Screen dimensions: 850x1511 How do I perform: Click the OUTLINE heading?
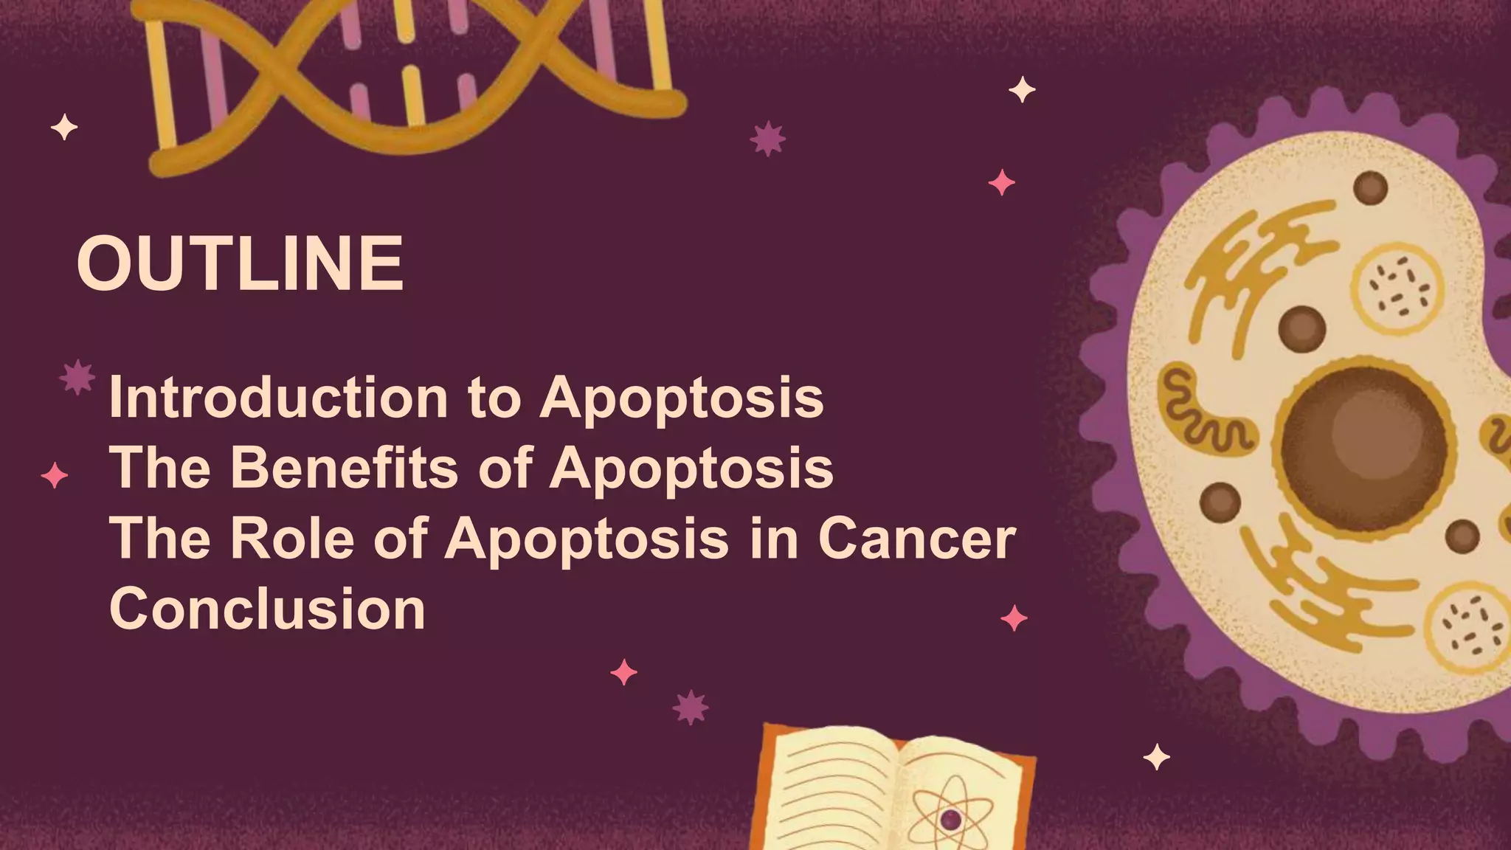click(240, 263)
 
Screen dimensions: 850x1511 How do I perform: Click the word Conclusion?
click(267, 609)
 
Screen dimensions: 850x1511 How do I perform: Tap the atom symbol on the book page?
click(950, 818)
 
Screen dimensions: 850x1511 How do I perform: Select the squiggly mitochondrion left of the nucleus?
click(1203, 410)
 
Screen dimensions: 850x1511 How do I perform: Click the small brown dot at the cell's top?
click(1370, 187)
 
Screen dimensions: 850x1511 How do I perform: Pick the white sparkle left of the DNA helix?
click(64, 128)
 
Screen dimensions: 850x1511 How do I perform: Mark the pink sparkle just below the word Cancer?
click(1014, 618)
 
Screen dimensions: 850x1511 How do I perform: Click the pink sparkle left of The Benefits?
click(55, 475)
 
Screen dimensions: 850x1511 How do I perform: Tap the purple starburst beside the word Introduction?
click(77, 377)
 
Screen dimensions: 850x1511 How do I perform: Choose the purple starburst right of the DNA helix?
click(767, 138)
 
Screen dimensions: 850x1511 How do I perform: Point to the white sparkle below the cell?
click(1156, 757)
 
